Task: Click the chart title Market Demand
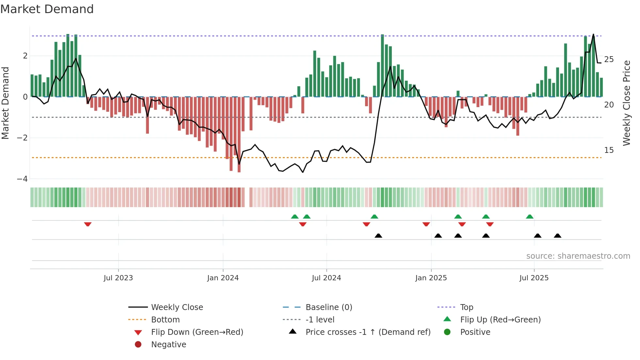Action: (x=47, y=9)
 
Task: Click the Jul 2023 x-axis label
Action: (x=118, y=278)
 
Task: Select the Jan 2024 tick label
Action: (x=223, y=278)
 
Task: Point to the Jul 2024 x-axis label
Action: (x=326, y=278)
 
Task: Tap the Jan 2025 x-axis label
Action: (x=431, y=278)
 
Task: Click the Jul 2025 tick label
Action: (x=534, y=278)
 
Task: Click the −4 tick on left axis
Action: (x=22, y=179)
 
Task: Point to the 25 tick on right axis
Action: (x=609, y=59)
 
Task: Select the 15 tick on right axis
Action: (x=609, y=150)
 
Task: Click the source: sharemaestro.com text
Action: (x=578, y=256)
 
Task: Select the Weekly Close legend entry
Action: (x=177, y=307)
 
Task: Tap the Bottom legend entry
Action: (x=165, y=320)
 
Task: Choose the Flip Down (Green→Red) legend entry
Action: (x=197, y=332)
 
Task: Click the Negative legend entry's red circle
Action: (x=138, y=345)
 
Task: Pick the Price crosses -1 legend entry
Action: (x=368, y=332)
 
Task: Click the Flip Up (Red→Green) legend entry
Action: (x=500, y=320)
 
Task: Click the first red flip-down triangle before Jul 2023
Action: (x=88, y=224)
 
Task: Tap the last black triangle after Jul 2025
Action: (x=558, y=236)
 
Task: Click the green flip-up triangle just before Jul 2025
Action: (x=530, y=217)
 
